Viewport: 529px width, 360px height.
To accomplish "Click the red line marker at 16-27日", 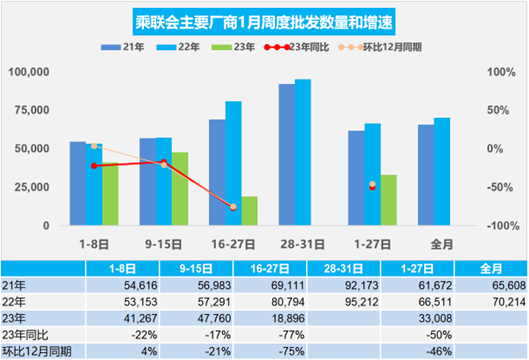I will click(233, 207).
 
